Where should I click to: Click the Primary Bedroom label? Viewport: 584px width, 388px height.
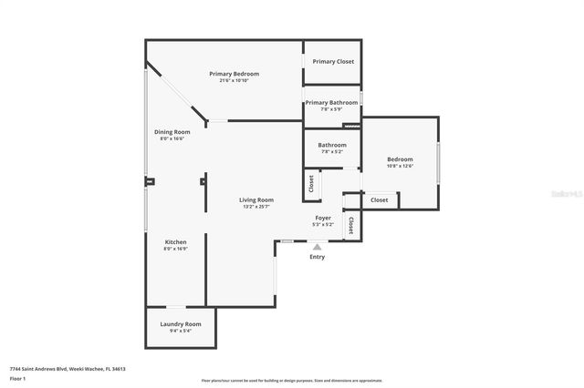234,74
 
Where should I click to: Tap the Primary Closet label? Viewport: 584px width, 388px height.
333,61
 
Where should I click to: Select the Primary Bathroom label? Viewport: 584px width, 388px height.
331,103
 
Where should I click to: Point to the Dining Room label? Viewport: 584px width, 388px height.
172,132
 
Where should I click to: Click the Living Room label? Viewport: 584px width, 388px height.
256,199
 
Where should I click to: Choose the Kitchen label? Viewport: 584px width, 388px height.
175,242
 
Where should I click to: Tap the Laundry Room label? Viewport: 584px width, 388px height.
181,324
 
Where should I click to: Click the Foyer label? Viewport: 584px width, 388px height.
323,218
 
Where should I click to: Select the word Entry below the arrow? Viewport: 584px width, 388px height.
317,257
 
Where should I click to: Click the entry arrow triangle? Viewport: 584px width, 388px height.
317,246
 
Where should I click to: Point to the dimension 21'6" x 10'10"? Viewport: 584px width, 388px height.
234,81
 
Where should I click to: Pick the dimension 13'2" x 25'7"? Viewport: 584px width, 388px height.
256,207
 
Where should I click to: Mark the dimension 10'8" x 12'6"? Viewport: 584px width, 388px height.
400,166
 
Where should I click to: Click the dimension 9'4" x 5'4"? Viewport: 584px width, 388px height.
181,332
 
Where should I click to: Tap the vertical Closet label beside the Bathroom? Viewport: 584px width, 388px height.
311,184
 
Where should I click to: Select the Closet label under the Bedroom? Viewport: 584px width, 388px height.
379,199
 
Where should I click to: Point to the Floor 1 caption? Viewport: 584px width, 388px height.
17,378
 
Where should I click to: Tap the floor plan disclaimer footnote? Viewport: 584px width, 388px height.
292,381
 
